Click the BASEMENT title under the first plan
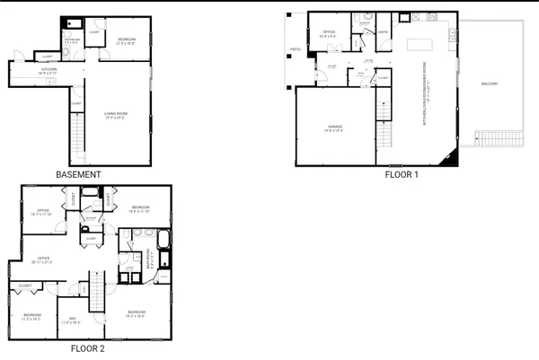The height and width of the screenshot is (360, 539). (x=77, y=174)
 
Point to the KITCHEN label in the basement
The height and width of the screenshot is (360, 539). (x=49, y=69)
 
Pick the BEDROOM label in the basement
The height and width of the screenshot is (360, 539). (x=126, y=40)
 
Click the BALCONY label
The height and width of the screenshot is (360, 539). (x=489, y=84)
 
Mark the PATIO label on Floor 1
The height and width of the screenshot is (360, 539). (x=295, y=50)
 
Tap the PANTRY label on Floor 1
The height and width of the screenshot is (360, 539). (x=382, y=32)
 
